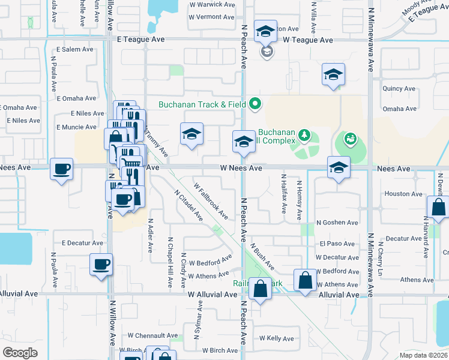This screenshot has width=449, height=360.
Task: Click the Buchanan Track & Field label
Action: click(x=202, y=104)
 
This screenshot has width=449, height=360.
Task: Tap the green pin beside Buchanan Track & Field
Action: click(x=255, y=104)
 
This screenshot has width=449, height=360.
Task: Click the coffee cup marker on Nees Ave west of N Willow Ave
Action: click(x=62, y=170)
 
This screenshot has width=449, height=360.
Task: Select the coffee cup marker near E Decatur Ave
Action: click(x=101, y=265)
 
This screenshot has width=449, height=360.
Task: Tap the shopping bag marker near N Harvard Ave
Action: click(x=438, y=208)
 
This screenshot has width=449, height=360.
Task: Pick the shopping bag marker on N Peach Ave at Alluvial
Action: click(x=261, y=289)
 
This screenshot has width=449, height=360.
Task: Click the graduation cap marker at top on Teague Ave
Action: click(x=265, y=32)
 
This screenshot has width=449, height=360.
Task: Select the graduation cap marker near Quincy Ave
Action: click(x=333, y=75)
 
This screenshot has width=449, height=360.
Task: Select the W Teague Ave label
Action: click(x=308, y=40)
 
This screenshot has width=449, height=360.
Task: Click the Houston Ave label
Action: click(x=403, y=194)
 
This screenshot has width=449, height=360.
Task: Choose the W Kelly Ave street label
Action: click(x=276, y=339)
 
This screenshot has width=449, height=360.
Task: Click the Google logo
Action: click(x=20, y=353)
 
